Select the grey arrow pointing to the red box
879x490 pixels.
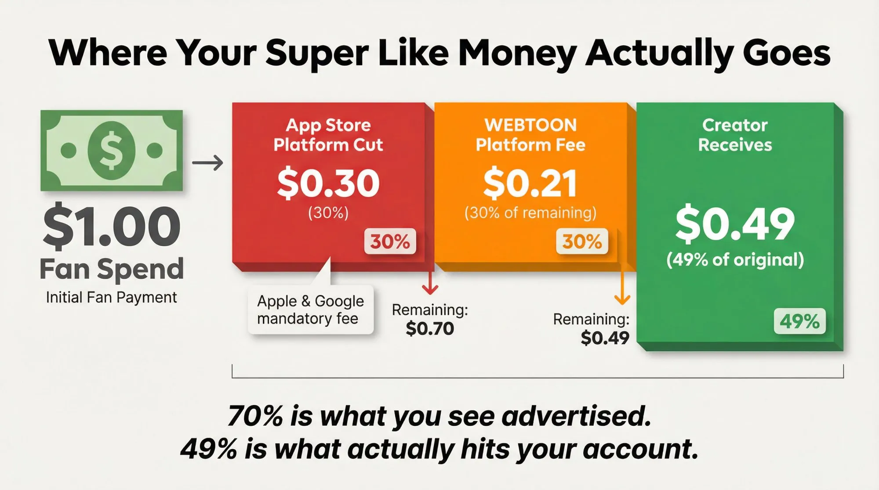click(x=207, y=163)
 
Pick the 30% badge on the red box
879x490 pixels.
click(x=390, y=241)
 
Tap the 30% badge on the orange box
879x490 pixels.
click(x=582, y=241)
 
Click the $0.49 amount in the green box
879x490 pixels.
click(x=735, y=224)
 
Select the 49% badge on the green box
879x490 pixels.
click(x=799, y=321)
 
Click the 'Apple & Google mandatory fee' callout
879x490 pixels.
click(x=310, y=310)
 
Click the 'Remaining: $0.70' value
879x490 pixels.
click(x=430, y=328)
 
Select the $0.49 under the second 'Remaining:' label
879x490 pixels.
click(x=605, y=338)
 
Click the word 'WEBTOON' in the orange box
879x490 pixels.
click(x=530, y=125)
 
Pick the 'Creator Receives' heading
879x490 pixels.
click(x=735, y=135)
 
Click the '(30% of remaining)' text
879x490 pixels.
click(x=530, y=213)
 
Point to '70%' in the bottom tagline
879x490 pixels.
click(x=255, y=416)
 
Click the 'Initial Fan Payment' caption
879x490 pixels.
click(x=111, y=298)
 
